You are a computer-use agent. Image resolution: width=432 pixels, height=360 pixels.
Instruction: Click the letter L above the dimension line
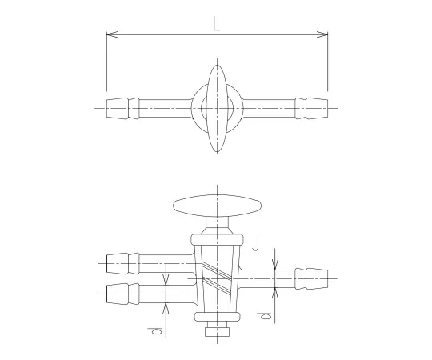217,24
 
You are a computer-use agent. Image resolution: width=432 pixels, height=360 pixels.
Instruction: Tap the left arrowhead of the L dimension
110,35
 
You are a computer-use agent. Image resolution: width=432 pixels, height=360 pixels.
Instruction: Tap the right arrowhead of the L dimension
323,35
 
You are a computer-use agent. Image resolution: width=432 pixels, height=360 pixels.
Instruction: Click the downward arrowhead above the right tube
274,266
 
